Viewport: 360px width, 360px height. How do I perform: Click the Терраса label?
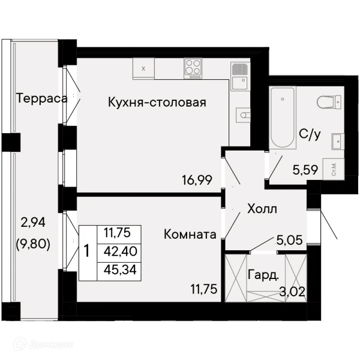(42, 99)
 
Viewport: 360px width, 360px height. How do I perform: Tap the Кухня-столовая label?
(157, 103)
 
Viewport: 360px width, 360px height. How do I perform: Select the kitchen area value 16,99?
(197, 180)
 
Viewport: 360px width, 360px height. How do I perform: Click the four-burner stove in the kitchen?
(193, 68)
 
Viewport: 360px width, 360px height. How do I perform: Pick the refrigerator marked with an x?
(143, 68)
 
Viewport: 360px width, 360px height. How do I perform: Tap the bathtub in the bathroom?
(283, 118)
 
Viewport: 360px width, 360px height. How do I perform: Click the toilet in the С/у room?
(329, 102)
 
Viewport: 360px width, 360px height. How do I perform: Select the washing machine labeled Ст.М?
(334, 169)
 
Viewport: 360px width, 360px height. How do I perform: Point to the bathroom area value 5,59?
(305, 170)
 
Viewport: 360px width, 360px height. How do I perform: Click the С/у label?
(310, 134)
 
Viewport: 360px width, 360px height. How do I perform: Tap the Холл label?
(262, 209)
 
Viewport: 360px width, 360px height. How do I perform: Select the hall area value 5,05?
(290, 240)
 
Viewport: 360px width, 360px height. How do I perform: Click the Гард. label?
(263, 275)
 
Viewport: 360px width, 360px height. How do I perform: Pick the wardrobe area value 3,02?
(292, 292)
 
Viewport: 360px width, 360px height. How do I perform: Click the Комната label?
(190, 235)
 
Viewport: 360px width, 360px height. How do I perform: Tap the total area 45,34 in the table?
(120, 269)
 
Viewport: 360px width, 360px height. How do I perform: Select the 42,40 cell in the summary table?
(121, 251)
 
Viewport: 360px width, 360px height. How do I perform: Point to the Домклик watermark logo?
(43, 344)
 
